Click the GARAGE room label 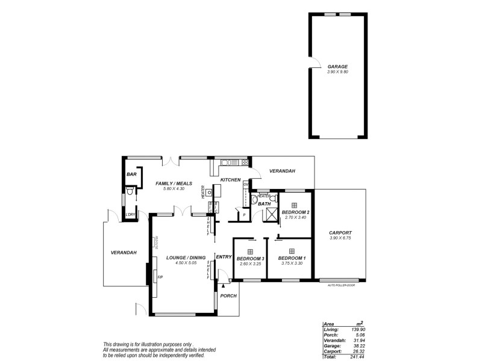coord(337,66)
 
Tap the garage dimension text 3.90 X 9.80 coord(337,72)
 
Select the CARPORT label coord(340,233)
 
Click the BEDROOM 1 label coord(292,258)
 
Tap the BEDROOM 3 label coord(250,258)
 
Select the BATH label coord(264,204)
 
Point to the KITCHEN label coord(230,180)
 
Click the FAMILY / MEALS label coord(169,183)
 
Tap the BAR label coord(131,174)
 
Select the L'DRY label coord(130,215)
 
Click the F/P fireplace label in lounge coord(160,277)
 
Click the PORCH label coord(229,295)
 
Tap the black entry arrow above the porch coord(223,287)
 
